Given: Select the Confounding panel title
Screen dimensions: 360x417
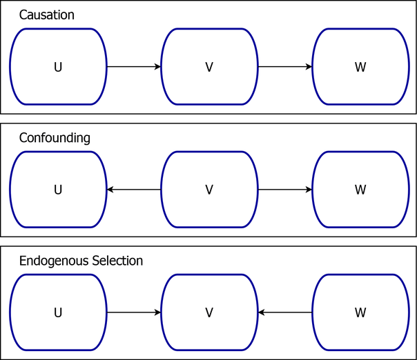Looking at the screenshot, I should (55, 138).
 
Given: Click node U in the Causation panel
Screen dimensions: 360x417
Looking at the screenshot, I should (58, 67).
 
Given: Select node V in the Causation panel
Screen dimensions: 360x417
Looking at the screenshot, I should (209, 67).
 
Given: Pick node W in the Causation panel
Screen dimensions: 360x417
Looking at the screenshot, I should (360, 67).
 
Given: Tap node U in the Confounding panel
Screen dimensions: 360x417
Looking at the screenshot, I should (58, 190).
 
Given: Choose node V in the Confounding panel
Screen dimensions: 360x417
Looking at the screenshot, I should (209, 190).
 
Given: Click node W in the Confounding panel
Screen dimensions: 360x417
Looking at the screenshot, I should (360, 190).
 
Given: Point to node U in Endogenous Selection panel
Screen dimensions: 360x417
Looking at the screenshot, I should (58, 312).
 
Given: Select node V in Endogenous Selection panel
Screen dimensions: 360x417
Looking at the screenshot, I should (209, 312).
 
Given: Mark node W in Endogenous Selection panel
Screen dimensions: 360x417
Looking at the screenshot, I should (360, 312).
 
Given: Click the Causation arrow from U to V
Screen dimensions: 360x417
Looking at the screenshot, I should (134, 67).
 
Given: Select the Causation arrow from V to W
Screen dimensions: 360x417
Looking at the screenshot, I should (285, 67).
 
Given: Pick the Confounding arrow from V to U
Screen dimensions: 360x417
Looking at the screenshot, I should (134, 190).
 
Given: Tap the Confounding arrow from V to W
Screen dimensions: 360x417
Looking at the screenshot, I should (285, 190).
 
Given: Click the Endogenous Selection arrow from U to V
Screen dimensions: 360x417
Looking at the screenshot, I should (134, 312).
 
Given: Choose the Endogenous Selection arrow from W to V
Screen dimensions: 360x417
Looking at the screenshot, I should (285, 312).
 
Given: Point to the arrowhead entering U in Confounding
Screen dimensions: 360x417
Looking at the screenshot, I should (110, 190).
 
